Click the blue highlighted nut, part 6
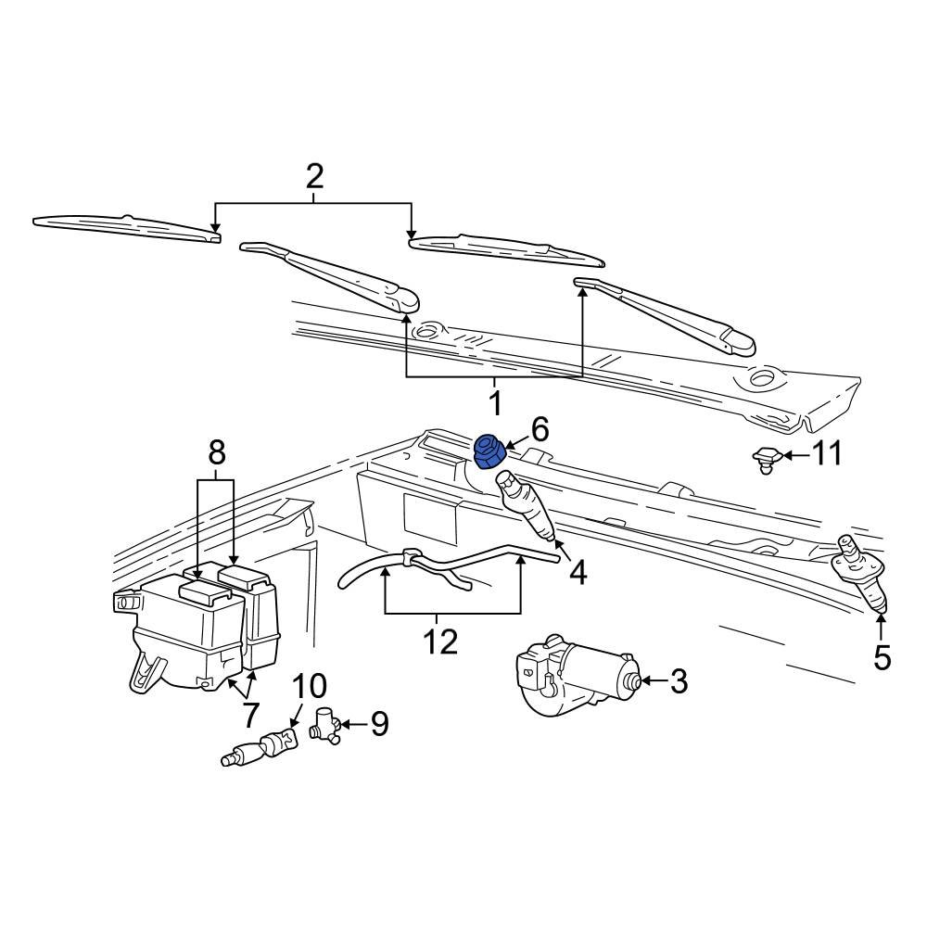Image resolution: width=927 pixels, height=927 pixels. click(489, 451)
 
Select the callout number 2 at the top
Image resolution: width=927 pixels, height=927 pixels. click(315, 175)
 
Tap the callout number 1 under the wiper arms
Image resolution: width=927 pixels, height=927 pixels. click(494, 403)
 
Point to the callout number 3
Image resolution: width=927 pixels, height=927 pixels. click(679, 682)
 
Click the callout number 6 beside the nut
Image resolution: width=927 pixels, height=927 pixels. click(539, 429)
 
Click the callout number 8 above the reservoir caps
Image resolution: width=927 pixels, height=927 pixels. click(216, 453)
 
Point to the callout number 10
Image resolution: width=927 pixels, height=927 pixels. click(310, 687)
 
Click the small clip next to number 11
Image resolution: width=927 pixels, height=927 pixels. click(764, 458)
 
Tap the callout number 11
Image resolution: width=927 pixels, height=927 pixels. click(827, 454)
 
